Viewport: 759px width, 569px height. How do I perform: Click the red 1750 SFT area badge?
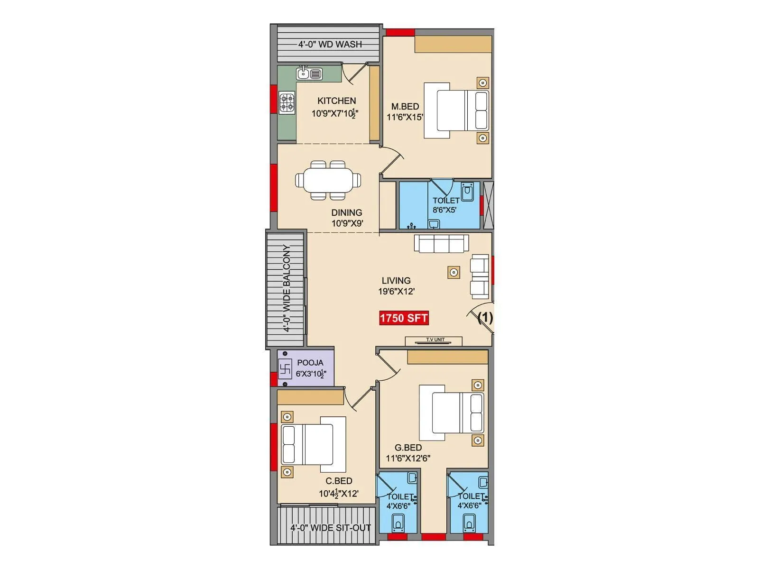coord(404,318)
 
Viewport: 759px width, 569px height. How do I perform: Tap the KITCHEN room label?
coord(336,101)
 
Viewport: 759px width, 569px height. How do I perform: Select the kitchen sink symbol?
coord(309,73)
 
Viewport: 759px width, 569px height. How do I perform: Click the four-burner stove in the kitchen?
coord(287,103)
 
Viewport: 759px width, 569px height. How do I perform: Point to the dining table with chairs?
coord(328,180)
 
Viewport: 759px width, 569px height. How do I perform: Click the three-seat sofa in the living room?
coord(441,244)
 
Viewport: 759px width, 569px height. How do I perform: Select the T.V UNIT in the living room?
coord(434,340)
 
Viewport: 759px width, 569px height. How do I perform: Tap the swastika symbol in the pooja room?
coord(285,368)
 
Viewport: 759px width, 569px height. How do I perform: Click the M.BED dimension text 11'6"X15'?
coord(405,117)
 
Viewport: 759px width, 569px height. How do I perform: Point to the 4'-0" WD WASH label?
coord(330,44)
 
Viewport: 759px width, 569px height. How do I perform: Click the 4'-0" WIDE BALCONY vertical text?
coord(287,288)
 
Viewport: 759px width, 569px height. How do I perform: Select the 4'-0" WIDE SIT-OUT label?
coord(330,527)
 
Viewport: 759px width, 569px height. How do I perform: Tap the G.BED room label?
coord(408,447)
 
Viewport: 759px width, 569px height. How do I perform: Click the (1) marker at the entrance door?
coord(485,317)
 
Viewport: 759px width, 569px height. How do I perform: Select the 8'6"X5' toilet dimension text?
coord(444,210)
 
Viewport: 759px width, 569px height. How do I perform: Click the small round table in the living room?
coord(454,272)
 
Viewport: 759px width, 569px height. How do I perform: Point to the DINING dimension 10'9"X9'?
coord(347,223)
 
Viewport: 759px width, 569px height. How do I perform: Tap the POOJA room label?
coord(310,363)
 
